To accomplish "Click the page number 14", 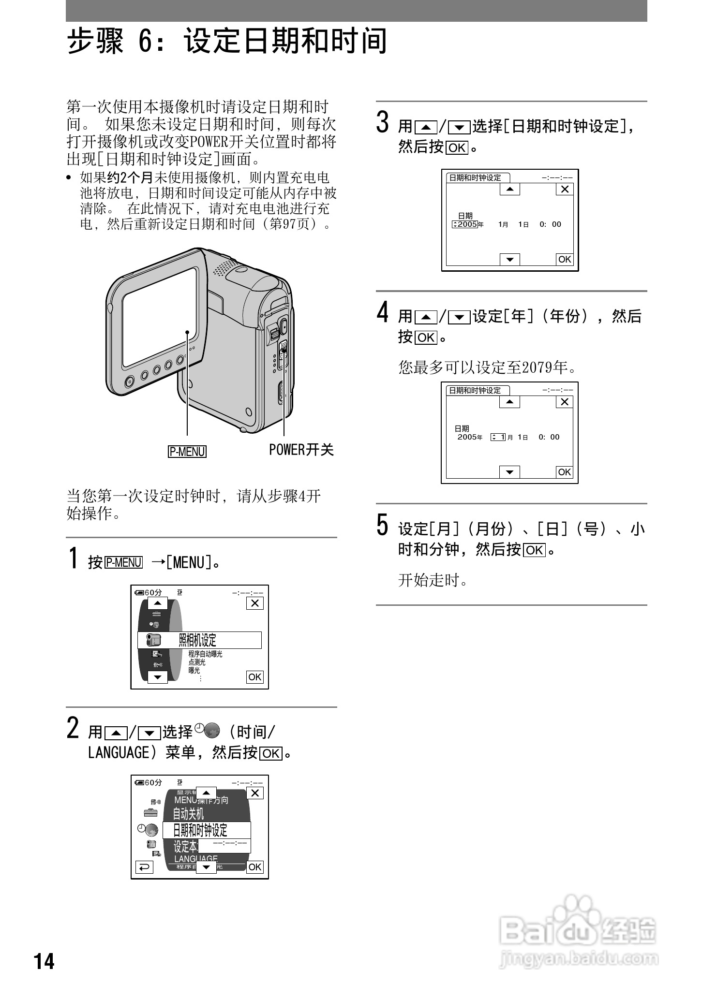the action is pyautogui.click(x=44, y=961).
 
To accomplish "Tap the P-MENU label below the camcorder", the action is pyautogui.click(x=187, y=452).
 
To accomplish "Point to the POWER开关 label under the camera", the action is pyautogui.click(x=301, y=450).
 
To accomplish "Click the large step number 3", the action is pyautogui.click(x=383, y=122).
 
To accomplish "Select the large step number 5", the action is pyautogui.click(x=382, y=525).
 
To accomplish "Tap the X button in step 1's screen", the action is pyautogui.click(x=255, y=603).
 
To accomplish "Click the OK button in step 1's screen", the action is pyautogui.click(x=254, y=677).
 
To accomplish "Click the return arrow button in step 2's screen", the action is pyautogui.click(x=144, y=867).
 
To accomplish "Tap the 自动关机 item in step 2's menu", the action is pyautogui.click(x=189, y=814).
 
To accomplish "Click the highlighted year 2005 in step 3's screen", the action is pyautogui.click(x=467, y=224).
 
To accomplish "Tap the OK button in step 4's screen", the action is pyautogui.click(x=564, y=472).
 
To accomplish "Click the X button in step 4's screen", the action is pyautogui.click(x=565, y=402).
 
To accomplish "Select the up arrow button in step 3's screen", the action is pyautogui.click(x=509, y=189).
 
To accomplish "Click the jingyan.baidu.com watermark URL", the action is pyautogui.click(x=579, y=958).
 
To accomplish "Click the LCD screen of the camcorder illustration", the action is pyautogui.click(x=160, y=317).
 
